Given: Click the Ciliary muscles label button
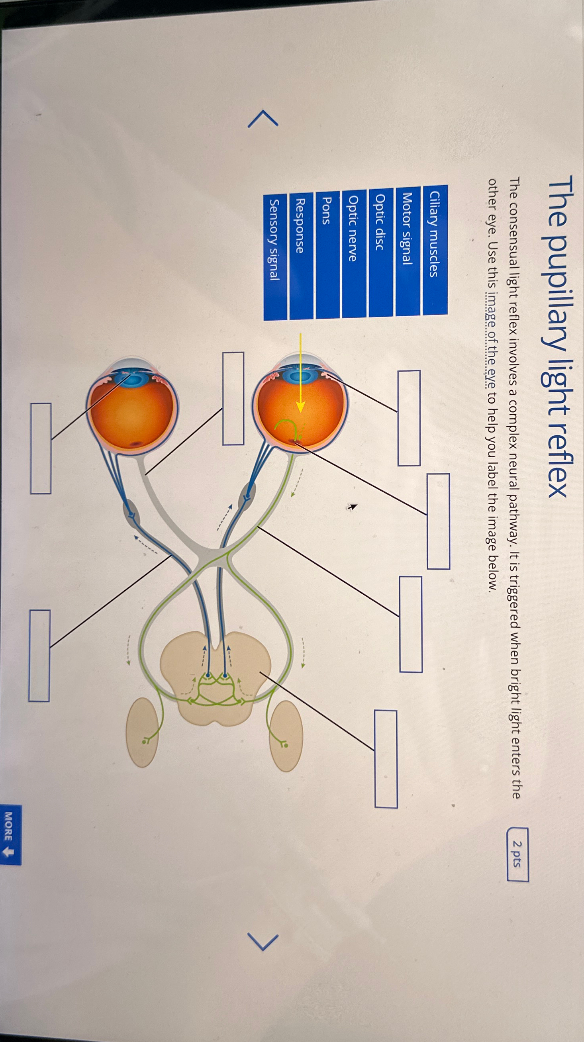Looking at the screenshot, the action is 435,250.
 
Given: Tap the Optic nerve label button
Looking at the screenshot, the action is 354,253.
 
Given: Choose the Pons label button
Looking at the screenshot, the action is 327,255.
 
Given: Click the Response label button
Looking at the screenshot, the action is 301,256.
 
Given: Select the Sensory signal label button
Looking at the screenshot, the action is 275,257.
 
